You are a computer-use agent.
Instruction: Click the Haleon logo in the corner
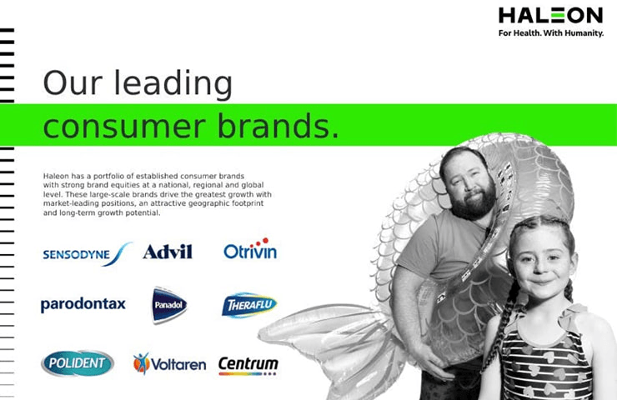550,16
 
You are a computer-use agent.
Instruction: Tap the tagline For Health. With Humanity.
551,33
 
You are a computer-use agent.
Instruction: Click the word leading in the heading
173,84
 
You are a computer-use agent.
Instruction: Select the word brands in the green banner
278,126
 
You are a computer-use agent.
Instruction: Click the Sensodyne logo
87,254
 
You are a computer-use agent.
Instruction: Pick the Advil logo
168,252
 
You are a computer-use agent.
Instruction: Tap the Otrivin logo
250,249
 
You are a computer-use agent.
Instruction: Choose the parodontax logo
83,304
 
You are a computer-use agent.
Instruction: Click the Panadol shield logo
169,305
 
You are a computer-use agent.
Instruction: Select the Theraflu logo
249,305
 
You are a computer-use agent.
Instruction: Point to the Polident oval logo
78,362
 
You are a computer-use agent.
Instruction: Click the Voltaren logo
169,364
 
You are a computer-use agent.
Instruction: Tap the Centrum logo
248,366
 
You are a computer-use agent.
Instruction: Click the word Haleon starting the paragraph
56,176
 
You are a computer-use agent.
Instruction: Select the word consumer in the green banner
124,127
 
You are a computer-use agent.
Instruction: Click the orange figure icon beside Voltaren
142,363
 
